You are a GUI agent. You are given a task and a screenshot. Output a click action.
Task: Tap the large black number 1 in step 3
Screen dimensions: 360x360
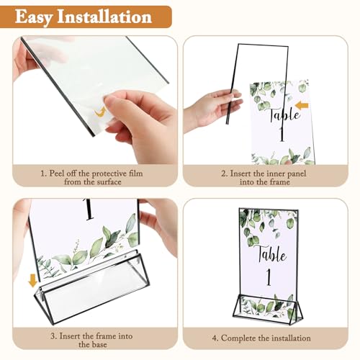click(x=89, y=211)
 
